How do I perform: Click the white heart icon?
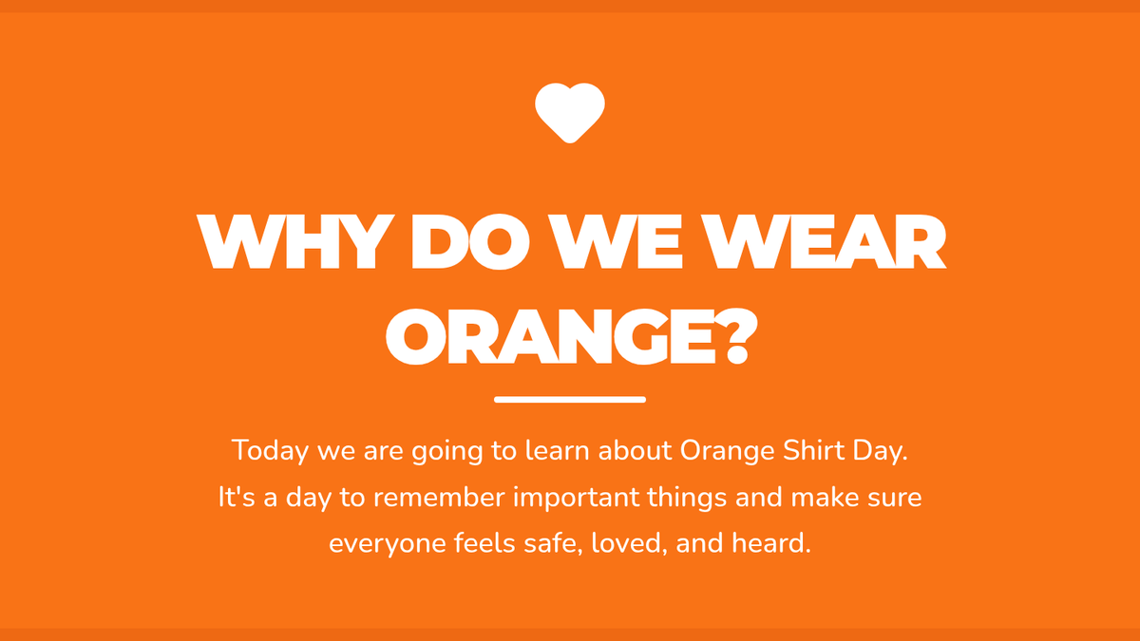[570, 113]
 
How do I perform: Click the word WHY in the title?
[295, 241]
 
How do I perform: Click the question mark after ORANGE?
[736, 336]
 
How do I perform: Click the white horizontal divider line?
[570, 400]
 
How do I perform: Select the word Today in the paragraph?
[270, 451]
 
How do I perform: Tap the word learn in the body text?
[558, 450]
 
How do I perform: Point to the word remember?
[439, 497]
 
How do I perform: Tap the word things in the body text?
[687, 498]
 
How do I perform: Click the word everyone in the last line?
[387, 544]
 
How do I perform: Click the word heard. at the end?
[771, 543]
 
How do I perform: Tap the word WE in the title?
[617, 241]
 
